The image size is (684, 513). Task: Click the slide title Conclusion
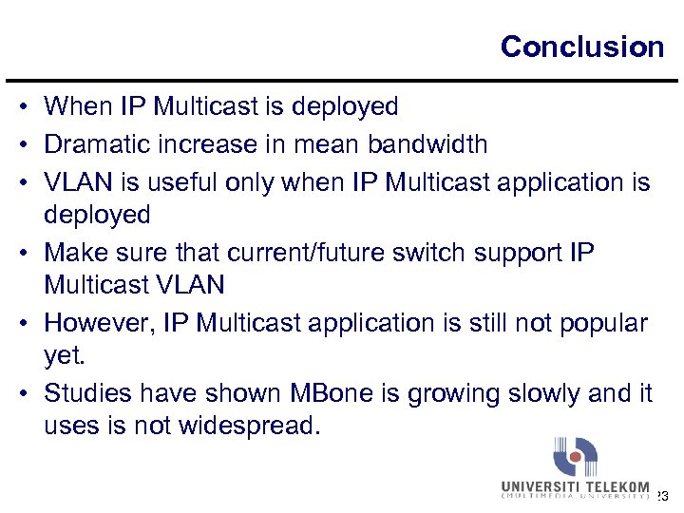pos(581,47)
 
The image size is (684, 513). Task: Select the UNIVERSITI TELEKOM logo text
pos(575,486)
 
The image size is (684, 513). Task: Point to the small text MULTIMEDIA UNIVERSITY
pos(575,498)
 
